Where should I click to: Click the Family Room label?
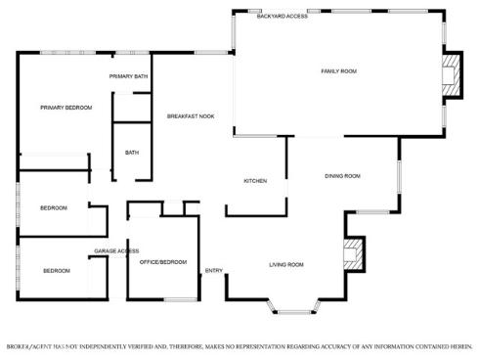[339, 71]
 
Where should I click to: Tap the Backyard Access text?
[283, 17]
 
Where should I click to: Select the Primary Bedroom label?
[65, 108]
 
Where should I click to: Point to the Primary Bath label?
[128, 76]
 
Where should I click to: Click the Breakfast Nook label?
[191, 116]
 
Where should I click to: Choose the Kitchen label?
[255, 182]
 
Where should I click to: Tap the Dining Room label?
[343, 176]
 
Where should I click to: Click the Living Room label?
[286, 265]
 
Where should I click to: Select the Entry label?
[213, 271]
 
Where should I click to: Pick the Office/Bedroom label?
[162, 262]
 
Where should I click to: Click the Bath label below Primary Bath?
[132, 153]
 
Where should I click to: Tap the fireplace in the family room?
[451, 73]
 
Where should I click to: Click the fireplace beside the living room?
[352, 255]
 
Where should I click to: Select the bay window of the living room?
[293, 311]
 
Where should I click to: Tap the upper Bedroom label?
[54, 208]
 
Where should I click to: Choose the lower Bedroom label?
[56, 271]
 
